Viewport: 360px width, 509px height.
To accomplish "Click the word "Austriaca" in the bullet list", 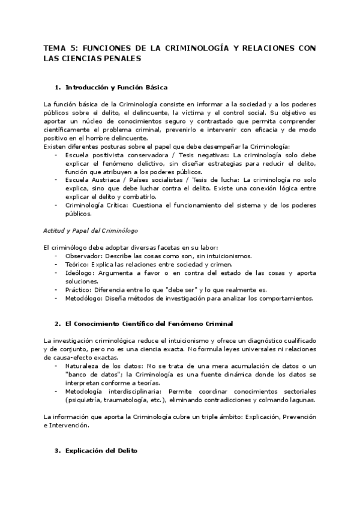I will (98, 179).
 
